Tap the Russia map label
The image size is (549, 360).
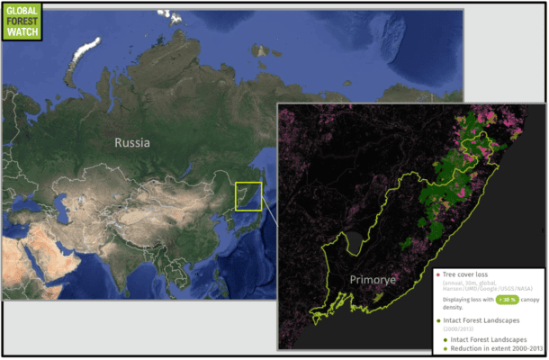click(x=131, y=142)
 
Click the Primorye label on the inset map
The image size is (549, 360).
click(x=373, y=280)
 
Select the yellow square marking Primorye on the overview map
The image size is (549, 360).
click(x=248, y=196)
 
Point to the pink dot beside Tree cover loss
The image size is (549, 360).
click(x=438, y=274)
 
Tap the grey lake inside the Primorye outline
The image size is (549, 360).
click(x=355, y=241)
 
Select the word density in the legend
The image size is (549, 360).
click(x=454, y=307)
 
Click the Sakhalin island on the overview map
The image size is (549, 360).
click(x=261, y=171)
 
